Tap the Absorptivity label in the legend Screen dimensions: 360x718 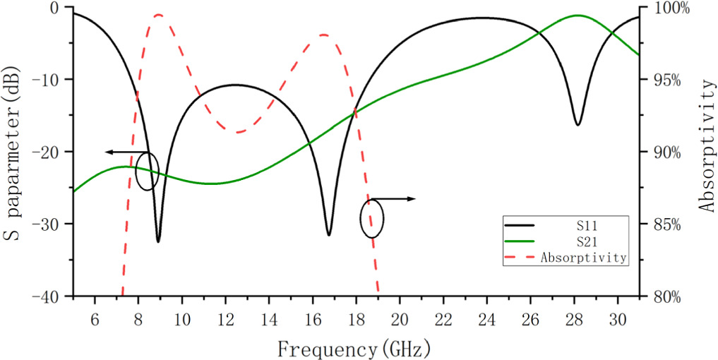point(583,258)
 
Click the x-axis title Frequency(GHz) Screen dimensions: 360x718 point(354,348)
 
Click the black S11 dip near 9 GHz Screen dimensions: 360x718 point(158,241)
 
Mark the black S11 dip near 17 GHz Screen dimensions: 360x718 point(329,234)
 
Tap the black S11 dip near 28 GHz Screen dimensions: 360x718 point(578,124)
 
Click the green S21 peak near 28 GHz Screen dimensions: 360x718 point(578,15)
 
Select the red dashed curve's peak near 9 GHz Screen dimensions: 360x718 point(158,14)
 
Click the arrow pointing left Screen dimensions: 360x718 point(120,152)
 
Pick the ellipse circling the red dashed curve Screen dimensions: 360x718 point(372,218)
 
